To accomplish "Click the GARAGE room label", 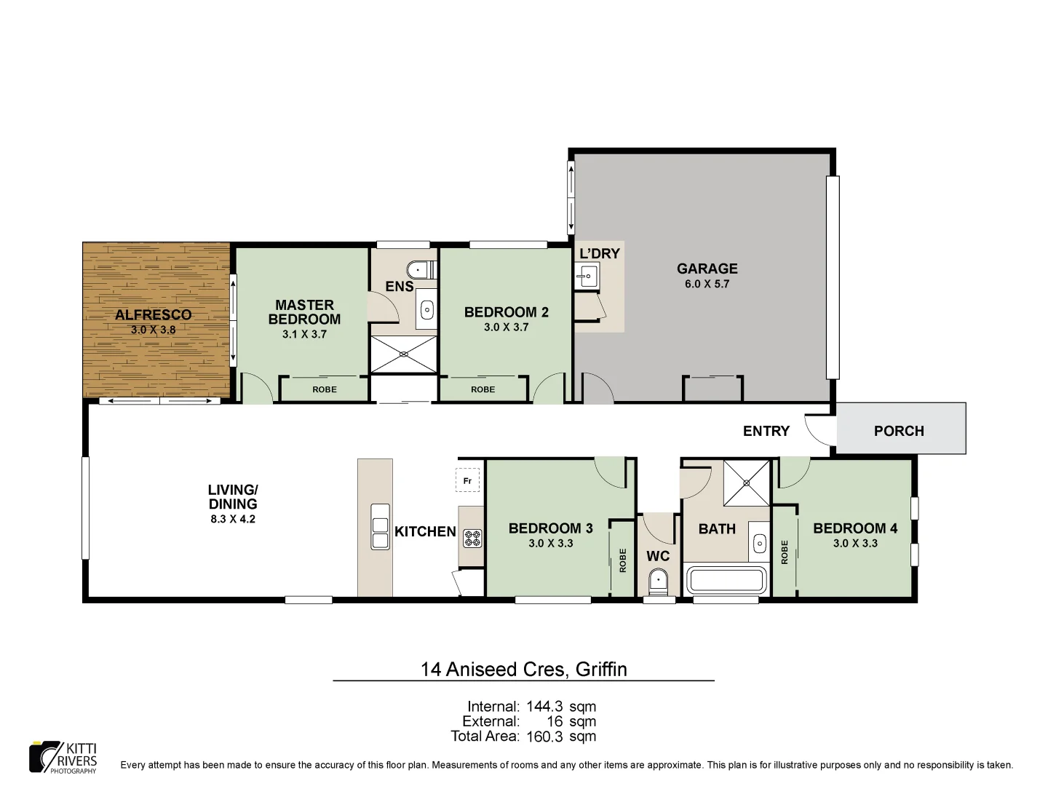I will pyautogui.click(x=707, y=269).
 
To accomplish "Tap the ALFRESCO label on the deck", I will pyautogui.click(x=154, y=314).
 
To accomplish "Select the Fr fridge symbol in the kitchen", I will pyautogui.click(x=467, y=481).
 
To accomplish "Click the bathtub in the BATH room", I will pyautogui.click(x=726, y=581).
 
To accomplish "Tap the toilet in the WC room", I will pyautogui.click(x=659, y=583).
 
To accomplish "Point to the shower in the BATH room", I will pyautogui.click(x=746, y=483).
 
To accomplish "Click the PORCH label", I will pyautogui.click(x=899, y=431).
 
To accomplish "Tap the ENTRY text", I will pyautogui.click(x=766, y=431).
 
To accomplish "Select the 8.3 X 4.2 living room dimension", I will pyautogui.click(x=233, y=519).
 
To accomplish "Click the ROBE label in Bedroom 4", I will pyautogui.click(x=785, y=552).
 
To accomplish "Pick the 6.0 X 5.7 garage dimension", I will pyautogui.click(x=707, y=284).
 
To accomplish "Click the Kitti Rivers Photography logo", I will pyautogui.click(x=63, y=758).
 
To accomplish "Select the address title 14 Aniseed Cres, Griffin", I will pyautogui.click(x=523, y=669).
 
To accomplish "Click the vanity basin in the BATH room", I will pyautogui.click(x=761, y=543).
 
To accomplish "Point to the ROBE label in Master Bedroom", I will pyautogui.click(x=325, y=389).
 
